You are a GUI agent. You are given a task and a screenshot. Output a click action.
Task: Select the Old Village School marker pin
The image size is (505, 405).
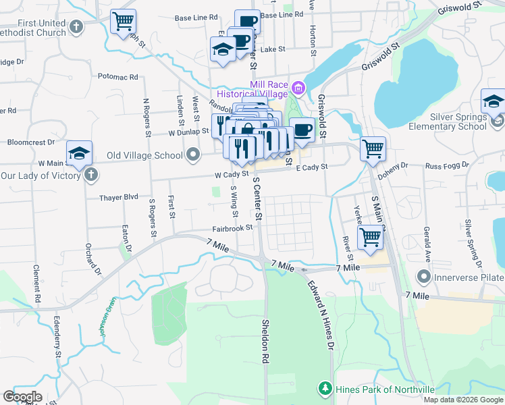[x=194, y=156]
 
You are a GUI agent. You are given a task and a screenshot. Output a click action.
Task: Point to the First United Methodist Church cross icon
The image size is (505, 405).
[x=76, y=28]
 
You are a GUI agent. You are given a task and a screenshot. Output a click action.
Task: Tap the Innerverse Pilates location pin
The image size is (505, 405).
[x=423, y=276]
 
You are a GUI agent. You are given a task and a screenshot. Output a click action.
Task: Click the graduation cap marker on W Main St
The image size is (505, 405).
[x=79, y=153]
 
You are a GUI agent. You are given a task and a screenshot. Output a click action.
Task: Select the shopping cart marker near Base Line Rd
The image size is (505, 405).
[x=123, y=22]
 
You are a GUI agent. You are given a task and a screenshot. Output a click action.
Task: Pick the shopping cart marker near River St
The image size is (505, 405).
[x=370, y=238]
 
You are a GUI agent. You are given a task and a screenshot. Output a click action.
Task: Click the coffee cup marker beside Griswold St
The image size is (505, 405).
[x=302, y=130]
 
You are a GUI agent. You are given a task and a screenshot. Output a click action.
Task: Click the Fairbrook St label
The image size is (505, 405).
[x=232, y=228]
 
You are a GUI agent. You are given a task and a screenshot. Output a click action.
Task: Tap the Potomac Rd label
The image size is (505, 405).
[x=117, y=77]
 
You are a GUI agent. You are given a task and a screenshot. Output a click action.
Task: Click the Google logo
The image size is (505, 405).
[x=22, y=397]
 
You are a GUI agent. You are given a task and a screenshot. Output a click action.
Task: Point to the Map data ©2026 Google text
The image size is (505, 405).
[x=463, y=400]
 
